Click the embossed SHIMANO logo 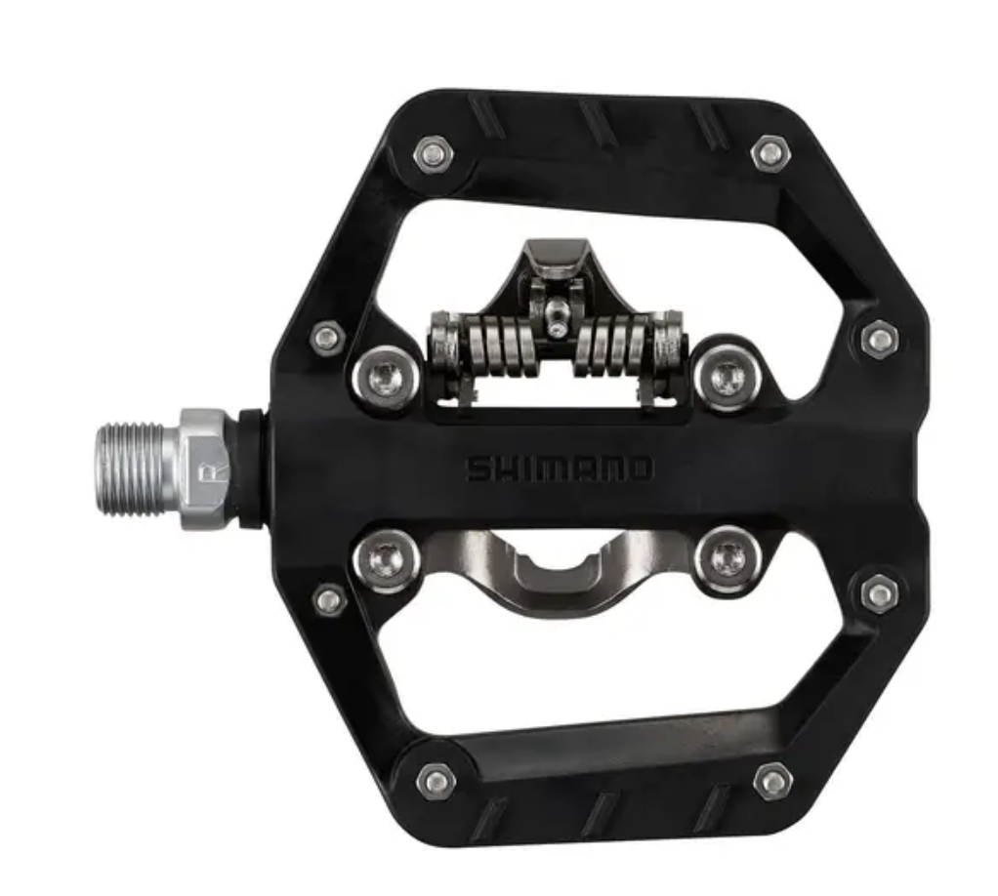tap(559, 469)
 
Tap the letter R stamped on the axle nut tap(207, 471)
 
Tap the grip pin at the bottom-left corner tap(435, 780)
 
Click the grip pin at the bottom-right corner tap(772, 781)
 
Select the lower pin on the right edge tap(880, 593)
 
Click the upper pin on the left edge tap(327, 338)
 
